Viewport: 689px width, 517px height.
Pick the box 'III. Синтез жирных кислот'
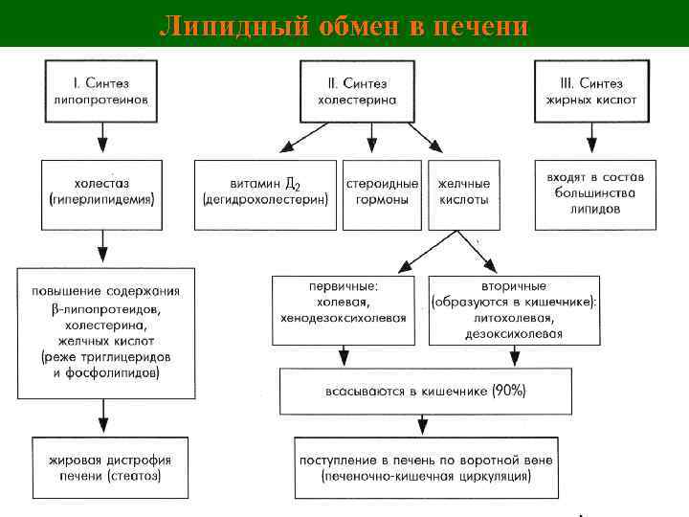590,92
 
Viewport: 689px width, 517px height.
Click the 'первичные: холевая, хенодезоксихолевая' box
344,309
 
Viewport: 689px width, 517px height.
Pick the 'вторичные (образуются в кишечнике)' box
514,309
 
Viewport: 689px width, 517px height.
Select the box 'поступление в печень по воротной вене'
425,467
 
